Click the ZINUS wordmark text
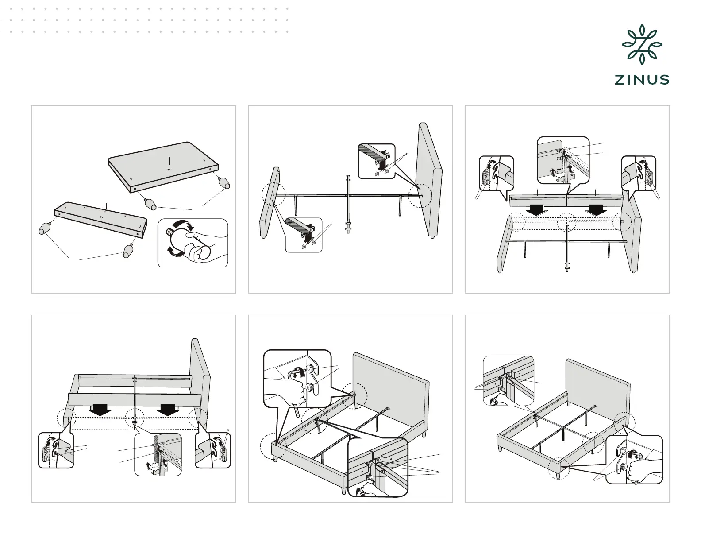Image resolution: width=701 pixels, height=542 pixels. point(641,80)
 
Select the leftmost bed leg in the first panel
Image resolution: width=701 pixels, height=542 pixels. point(45,228)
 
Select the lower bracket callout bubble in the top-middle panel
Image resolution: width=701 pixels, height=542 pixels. point(304,234)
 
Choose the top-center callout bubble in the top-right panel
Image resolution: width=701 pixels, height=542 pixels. point(563,159)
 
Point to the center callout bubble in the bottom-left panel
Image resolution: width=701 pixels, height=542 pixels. point(158,454)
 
